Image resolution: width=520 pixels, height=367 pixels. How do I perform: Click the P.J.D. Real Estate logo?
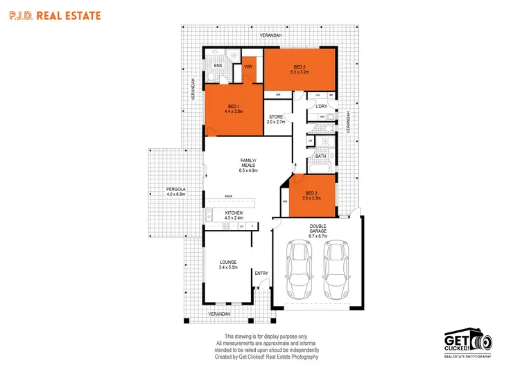pos(53,15)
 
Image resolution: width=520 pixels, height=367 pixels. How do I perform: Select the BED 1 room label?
pos(232,108)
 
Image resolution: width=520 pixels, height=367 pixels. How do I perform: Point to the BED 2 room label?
pos(313,195)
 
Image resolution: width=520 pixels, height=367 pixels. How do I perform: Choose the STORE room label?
pos(276,118)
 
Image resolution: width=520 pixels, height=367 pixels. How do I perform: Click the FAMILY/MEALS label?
pos(248,163)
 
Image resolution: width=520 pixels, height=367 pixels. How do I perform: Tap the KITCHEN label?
pos(233,215)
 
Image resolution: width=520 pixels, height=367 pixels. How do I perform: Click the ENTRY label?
pos(261,273)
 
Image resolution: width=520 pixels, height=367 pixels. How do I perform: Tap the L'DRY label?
pos(321,107)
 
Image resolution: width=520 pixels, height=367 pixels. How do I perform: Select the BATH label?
pos(320,156)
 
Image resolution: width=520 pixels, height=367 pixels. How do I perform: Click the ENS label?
pos(217,66)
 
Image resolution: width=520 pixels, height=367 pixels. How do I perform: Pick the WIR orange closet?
pos(248,68)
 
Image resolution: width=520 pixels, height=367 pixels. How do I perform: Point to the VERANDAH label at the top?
pos(270,34)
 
